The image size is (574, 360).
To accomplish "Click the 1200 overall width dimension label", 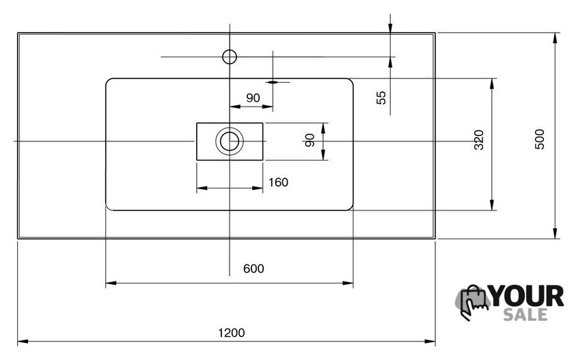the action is tap(232, 333).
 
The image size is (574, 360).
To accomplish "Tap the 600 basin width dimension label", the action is tap(254, 268).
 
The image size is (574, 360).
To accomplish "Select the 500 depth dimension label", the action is tap(540, 139).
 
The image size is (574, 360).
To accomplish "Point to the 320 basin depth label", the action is tap(479, 140).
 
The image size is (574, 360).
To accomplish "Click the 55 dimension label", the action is tap(381, 98).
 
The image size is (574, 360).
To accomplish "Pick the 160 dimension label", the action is tap(278, 182).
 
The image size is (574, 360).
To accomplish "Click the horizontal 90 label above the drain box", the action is tap(253, 98).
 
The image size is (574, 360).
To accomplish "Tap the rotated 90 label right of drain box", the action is tap(310, 140).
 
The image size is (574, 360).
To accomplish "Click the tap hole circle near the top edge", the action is tap(230, 57).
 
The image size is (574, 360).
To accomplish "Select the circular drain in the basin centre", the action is tap(230, 141).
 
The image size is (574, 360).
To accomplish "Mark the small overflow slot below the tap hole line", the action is tap(273, 83).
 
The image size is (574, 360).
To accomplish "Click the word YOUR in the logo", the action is tap(526, 296).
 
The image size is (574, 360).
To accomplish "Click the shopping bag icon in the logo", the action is tap(473, 302).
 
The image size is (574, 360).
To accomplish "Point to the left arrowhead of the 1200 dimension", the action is tap(23, 342).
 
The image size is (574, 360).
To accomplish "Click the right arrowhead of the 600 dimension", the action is tap(348, 283).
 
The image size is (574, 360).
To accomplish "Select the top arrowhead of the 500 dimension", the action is tap(556, 38).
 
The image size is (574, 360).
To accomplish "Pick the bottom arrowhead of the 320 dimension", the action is tap(492, 205).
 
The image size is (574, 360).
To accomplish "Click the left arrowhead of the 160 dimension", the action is tap(202, 188).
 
